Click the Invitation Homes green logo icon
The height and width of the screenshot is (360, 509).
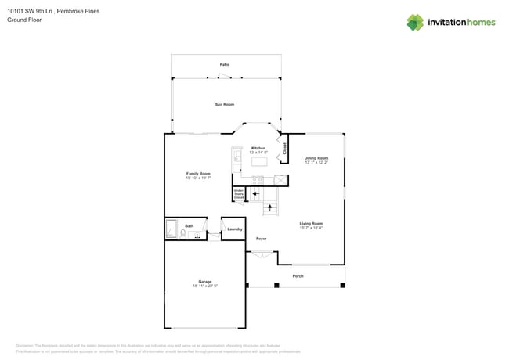point(415,22)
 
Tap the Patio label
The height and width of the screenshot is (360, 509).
point(225,64)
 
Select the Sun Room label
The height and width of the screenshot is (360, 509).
point(225,104)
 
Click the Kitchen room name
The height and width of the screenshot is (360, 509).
point(258,148)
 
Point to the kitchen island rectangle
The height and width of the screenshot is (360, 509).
point(258,162)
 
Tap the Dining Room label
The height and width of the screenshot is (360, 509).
point(316,158)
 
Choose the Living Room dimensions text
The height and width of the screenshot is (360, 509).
point(311,229)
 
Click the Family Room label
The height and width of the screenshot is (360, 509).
point(197,174)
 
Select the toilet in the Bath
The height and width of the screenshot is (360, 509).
point(183,233)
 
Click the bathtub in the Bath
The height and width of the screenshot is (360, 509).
point(171,229)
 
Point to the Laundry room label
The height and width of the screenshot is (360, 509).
point(235,229)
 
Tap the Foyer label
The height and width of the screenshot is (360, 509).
point(261,239)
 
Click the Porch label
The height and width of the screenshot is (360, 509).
point(298,276)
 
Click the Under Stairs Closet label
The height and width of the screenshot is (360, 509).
point(239,194)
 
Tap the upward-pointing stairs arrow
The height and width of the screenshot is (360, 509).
point(272,207)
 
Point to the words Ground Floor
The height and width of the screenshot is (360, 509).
point(24,20)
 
